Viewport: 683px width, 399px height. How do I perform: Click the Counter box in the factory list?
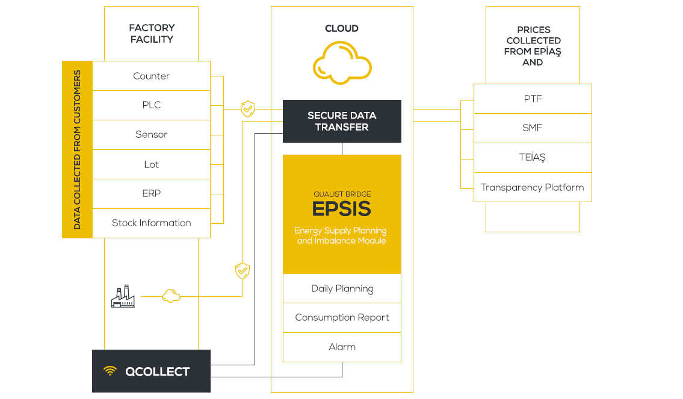(151, 76)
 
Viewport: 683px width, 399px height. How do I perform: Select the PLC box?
(151, 105)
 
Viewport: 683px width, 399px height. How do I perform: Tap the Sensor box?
(151, 135)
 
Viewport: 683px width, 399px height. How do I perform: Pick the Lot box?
(151, 164)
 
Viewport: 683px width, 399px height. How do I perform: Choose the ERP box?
(151, 193)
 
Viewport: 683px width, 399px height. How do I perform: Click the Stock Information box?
(151, 223)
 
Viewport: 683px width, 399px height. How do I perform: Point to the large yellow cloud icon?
(342, 63)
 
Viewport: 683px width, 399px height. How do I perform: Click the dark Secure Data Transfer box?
(342, 122)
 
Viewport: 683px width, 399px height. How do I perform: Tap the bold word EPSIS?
(342, 209)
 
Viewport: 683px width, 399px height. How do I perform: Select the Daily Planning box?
(342, 288)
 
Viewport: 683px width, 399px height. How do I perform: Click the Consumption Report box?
(342, 318)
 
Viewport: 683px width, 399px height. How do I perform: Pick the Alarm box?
(342, 347)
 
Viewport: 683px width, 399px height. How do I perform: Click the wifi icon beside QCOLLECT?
(110, 371)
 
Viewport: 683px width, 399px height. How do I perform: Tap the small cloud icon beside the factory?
(171, 295)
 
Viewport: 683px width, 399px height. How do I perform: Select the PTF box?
(533, 99)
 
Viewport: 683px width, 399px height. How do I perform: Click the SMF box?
(533, 128)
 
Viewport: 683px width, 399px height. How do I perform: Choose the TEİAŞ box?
(533, 158)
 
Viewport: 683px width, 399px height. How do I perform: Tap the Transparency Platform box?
(533, 187)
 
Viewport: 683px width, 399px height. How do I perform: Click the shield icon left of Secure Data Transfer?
(248, 109)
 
